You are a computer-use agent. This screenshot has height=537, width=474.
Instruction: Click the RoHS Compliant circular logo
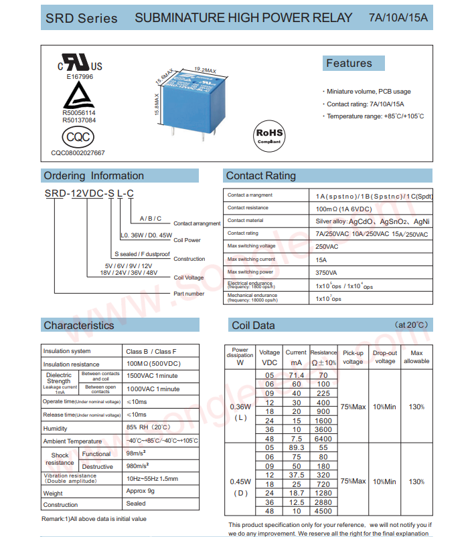pyautogui.click(x=270, y=135)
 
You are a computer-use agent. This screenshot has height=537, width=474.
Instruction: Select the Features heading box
pyautogui.click(x=353, y=64)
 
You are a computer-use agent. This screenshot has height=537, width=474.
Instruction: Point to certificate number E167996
pyautogui.click(x=80, y=77)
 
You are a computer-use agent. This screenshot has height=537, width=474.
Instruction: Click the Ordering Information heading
pyautogui.click(x=94, y=176)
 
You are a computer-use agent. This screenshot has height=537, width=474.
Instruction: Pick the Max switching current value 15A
pyautogui.click(x=321, y=259)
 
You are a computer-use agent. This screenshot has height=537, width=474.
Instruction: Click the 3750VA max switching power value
pyautogui.click(x=326, y=272)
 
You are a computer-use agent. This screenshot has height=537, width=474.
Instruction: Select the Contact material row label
pyautogui.click(x=245, y=220)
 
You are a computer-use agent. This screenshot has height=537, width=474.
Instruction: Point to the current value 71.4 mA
pyautogui.click(x=296, y=376)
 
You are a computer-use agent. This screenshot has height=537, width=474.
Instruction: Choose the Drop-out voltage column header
pyautogui.click(x=385, y=357)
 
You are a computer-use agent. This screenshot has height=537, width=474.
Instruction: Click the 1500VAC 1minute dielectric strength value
pyautogui.click(x=153, y=376)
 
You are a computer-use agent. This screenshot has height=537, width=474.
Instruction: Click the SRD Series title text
pyautogui.click(x=81, y=18)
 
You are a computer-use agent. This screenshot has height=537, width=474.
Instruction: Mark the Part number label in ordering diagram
pyautogui.click(x=189, y=294)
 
